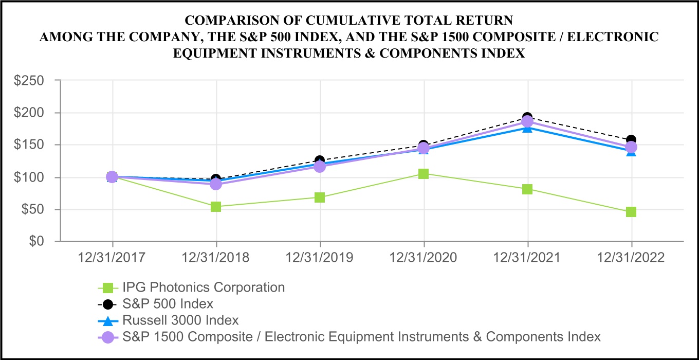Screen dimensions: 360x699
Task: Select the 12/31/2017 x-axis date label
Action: point(112,257)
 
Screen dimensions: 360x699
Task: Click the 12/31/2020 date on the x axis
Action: point(424,257)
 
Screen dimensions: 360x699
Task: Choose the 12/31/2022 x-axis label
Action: point(631,257)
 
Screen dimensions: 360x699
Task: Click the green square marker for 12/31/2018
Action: point(216,207)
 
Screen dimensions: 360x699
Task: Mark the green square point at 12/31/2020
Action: point(424,174)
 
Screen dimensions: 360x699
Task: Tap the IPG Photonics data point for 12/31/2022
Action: point(631,212)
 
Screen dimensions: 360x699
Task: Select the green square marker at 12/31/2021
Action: point(527,189)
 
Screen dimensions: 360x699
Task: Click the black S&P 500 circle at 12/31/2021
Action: point(527,118)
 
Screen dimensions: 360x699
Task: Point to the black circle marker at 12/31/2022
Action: point(631,140)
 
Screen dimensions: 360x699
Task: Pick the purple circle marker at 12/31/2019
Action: point(320,167)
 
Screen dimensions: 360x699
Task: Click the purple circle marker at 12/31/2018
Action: point(216,184)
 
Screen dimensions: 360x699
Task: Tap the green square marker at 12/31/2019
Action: point(320,197)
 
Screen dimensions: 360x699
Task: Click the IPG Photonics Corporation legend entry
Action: point(204,287)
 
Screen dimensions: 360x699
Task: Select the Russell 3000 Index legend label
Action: point(180,320)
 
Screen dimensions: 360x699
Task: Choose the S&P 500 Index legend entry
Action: point(168,303)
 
